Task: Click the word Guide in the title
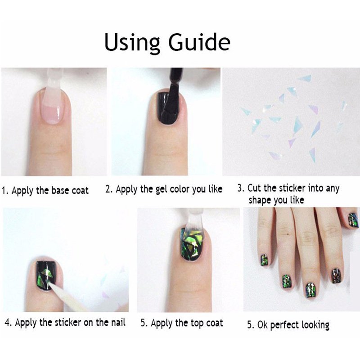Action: pyautogui.click(x=199, y=42)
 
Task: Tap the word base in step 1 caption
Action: pyautogui.click(x=61, y=190)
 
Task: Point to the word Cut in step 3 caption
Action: pyautogui.click(x=254, y=188)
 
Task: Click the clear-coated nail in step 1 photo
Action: pyautogui.click(x=50, y=105)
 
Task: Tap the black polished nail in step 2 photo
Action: pyautogui.click(x=168, y=108)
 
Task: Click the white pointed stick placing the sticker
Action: pyautogui.click(x=67, y=296)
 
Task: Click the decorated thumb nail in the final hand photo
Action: pyautogui.click(x=353, y=220)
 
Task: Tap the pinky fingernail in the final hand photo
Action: pyautogui.click(x=265, y=260)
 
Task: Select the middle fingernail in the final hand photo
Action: pyautogui.click(x=310, y=290)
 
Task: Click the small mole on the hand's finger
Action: pyautogui.click(x=288, y=234)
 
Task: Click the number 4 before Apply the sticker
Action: pyautogui.click(x=7, y=323)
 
